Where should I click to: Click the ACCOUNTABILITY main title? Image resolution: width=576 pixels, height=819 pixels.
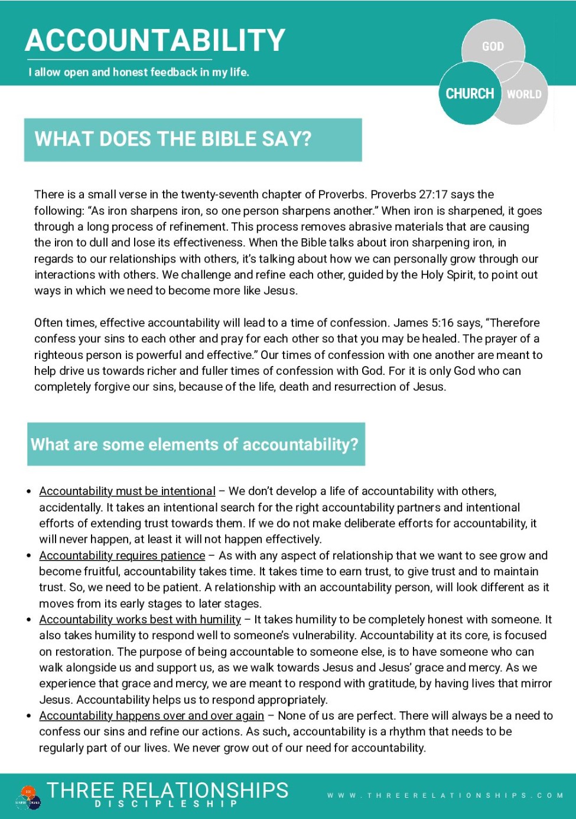click(155, 40)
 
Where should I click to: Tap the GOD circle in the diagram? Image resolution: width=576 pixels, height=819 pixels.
click(493, 46)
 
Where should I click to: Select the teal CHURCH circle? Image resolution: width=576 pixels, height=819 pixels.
click(470, 93)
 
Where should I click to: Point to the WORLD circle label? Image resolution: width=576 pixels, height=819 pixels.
click(524, 94)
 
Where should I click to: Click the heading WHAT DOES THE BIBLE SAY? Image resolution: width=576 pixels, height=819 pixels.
click(173, 139)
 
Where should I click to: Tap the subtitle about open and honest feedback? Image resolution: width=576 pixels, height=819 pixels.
click(139, 72)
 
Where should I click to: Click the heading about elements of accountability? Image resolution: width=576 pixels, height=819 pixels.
click(194, 444)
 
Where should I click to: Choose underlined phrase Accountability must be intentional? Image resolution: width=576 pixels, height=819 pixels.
click(127, 491)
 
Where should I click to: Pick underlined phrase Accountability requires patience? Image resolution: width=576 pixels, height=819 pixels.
click(122, 556)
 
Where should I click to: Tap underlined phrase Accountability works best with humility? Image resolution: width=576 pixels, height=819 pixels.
click(140, 620)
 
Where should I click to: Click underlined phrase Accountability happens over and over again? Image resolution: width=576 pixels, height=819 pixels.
click(151, 716)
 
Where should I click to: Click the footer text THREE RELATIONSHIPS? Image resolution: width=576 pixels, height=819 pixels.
click(168, 790)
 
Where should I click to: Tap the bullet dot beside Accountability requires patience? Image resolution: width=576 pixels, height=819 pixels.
click(29, 556)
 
